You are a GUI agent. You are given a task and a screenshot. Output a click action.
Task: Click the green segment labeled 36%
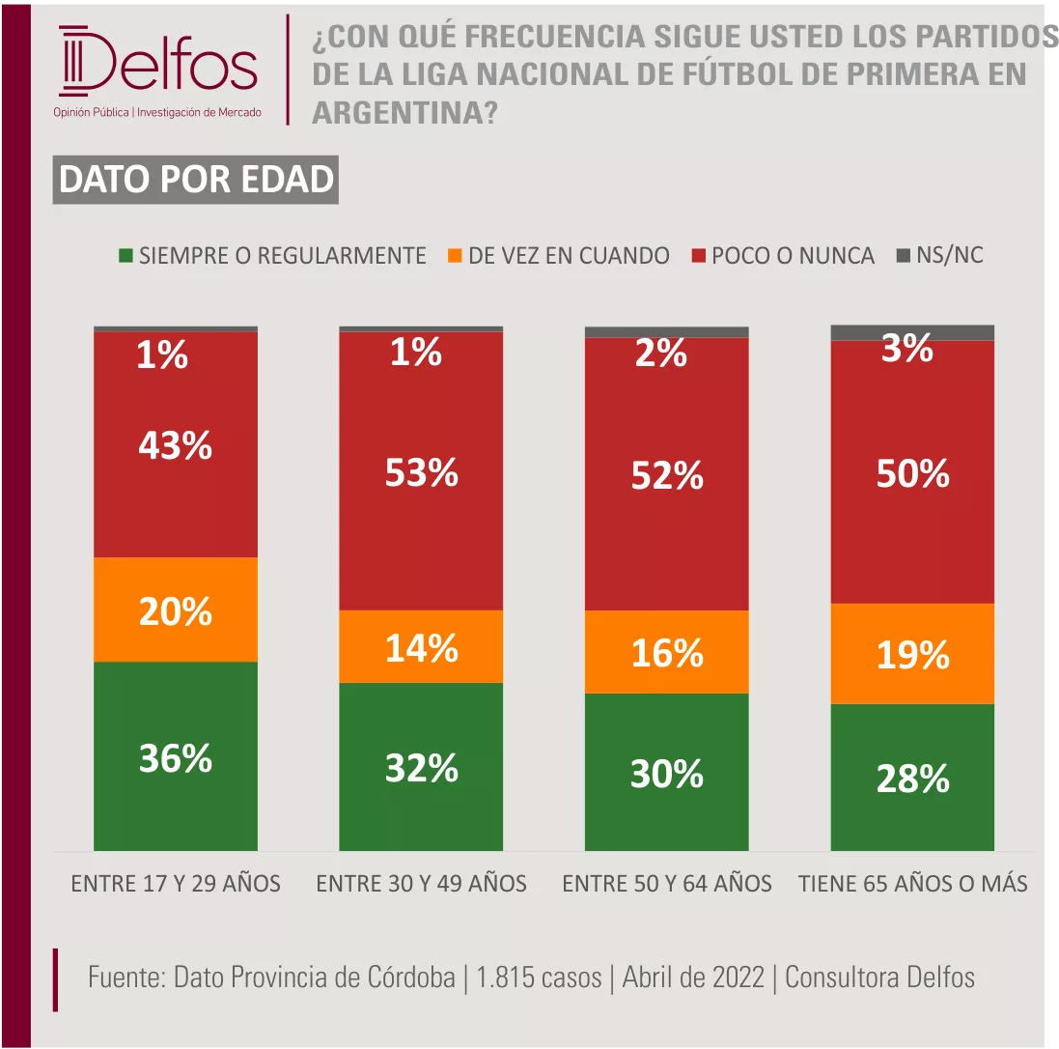pos(175,755)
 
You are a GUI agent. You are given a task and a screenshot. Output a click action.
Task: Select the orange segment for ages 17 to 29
pos(175,610)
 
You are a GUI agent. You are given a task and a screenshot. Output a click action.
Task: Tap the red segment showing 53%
pos(421,470)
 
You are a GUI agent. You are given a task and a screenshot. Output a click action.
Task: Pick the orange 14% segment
pos(421,646)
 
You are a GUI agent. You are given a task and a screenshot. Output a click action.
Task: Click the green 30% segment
pos(666,772)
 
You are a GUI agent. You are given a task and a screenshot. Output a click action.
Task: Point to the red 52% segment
pos(666,473)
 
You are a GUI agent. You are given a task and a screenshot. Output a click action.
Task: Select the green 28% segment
pos(912,777)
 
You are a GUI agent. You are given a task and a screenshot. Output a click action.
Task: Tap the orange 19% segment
pos(912,654)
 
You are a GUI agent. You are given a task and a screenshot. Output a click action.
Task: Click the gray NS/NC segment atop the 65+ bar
pos(912,332)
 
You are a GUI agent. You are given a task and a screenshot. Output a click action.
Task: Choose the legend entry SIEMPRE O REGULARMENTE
pos(272,256)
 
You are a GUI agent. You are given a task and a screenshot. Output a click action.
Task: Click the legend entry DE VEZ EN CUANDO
pos(559,256)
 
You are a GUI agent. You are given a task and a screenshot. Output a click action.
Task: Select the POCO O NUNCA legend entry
pos(783,256)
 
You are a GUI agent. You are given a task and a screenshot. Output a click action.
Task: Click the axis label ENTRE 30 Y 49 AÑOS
pos(421,883)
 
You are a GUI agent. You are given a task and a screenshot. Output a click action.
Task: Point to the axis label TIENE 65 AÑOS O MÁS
pos(913,883)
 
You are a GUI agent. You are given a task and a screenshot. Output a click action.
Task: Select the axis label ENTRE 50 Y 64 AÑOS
pos(666,883)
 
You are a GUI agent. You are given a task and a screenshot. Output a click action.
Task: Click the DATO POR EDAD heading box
pos(195,181)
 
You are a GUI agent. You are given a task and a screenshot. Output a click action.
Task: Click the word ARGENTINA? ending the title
pos(404,114)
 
